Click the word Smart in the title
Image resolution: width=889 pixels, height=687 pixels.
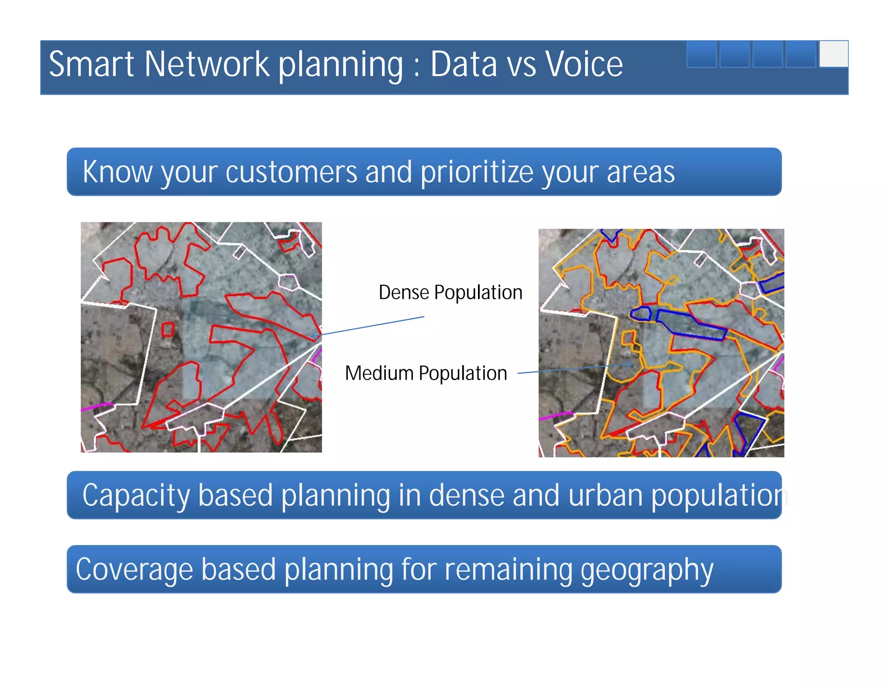point(91,64)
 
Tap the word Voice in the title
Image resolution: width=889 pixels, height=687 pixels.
point(583,64)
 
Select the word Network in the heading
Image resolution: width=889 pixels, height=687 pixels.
point(207,64)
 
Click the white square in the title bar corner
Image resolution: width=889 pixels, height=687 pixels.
point(833,54)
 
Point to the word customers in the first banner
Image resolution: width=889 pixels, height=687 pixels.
point(291,172)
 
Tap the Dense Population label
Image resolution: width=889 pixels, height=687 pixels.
point(450,292)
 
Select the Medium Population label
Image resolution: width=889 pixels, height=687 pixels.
point(426,373)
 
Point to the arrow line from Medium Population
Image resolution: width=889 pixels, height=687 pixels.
point(573,369)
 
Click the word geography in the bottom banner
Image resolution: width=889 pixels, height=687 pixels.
point(647,569)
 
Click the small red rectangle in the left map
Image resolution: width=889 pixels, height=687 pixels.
point(168,330)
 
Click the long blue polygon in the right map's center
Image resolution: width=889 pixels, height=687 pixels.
point(690,325)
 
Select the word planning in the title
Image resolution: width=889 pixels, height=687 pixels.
point(341,64)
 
